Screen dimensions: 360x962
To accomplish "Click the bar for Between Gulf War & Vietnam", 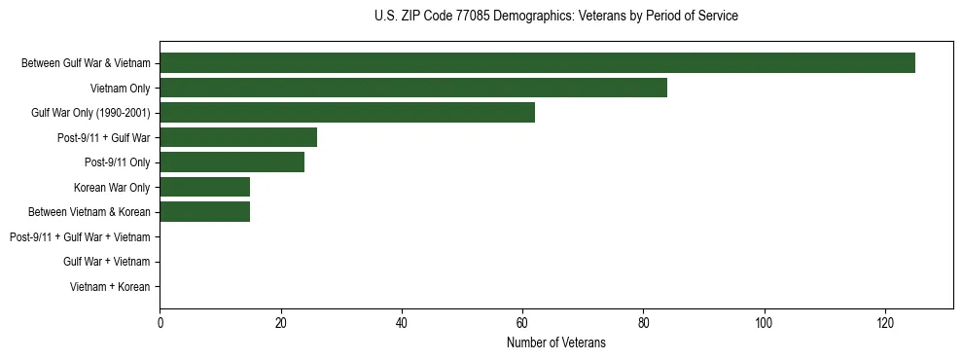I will (537, 63).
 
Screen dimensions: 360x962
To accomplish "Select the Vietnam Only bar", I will (413, 88).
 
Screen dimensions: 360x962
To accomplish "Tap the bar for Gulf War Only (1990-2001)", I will (347, 113).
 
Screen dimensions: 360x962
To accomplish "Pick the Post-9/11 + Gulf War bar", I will (238, 137).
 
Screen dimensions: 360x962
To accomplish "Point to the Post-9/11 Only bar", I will (232, 162).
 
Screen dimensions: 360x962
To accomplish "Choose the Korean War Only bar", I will (205, 187).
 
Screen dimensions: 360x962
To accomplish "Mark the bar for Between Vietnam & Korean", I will (205, 212).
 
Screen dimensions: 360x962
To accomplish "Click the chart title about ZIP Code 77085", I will (555, 17).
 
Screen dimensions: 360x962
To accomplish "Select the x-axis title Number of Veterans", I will (555, 342).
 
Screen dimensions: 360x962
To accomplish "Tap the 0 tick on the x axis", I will (160, 322).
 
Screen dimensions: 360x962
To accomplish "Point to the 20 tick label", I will (280, 322).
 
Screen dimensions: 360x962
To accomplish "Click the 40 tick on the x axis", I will (402, 322).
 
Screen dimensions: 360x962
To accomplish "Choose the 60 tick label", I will (522, 322).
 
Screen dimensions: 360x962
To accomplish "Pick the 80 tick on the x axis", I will (643, 322).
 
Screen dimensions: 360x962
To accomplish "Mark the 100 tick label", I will (764, 322).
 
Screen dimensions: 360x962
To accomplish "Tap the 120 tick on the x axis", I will (885, 322).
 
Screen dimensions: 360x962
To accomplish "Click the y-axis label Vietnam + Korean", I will (110, 287).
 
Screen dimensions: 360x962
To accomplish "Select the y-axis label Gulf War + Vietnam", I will (106, 262).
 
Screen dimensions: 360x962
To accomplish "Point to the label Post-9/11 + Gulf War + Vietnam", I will (80, 237).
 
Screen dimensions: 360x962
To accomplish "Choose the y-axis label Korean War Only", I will (112, 188).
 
